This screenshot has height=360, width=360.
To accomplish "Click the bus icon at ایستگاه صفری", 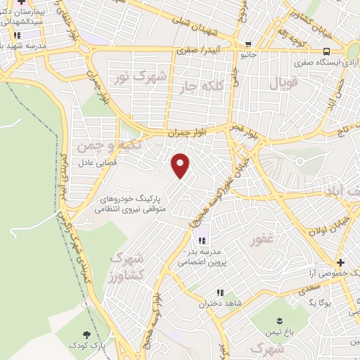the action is tap(326, 51).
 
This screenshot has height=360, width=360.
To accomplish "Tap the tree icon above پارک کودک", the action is tap(86, 335).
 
